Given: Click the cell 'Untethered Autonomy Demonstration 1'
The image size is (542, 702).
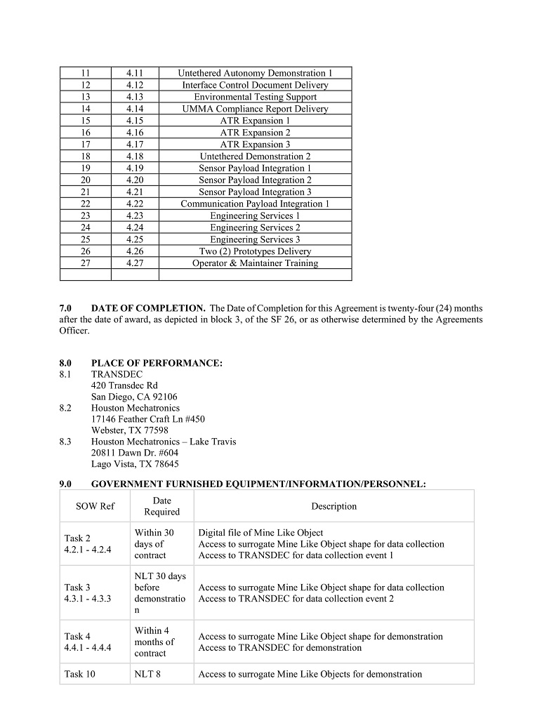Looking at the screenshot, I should click(x=255, y=73).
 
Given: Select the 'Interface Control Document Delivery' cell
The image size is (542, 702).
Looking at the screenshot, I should click(x=255, y=85).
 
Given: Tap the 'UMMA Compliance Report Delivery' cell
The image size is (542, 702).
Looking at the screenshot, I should click(x=255, y=109).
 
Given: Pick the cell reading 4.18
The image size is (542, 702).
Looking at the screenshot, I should click(x=135, y=157).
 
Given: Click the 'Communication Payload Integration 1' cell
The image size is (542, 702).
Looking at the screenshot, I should click(x=255, y=204).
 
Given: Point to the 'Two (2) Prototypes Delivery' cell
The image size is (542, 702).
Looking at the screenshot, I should click(x=255, y=251).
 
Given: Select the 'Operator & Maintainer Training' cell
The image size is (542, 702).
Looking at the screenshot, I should click(x=255, y=263).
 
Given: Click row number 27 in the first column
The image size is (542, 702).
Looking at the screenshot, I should click(x=86, y=263).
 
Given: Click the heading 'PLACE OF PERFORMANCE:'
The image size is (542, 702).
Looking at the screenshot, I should click(x=157, y=363).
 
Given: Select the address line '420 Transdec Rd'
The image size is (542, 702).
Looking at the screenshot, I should click(x=124, y=385).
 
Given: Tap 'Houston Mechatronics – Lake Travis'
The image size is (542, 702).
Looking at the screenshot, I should click(x=164, y=442).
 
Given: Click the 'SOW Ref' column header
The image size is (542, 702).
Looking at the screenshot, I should click(x=95, y=506).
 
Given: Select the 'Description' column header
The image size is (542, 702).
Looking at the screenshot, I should click(x=333, y=506).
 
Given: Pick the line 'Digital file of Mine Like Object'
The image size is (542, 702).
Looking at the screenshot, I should click(x=260, y=533).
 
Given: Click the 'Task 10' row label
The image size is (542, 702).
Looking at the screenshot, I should click(x=79, y=674).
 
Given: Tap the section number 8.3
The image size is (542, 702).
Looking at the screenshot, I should click(x=65, y=442).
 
